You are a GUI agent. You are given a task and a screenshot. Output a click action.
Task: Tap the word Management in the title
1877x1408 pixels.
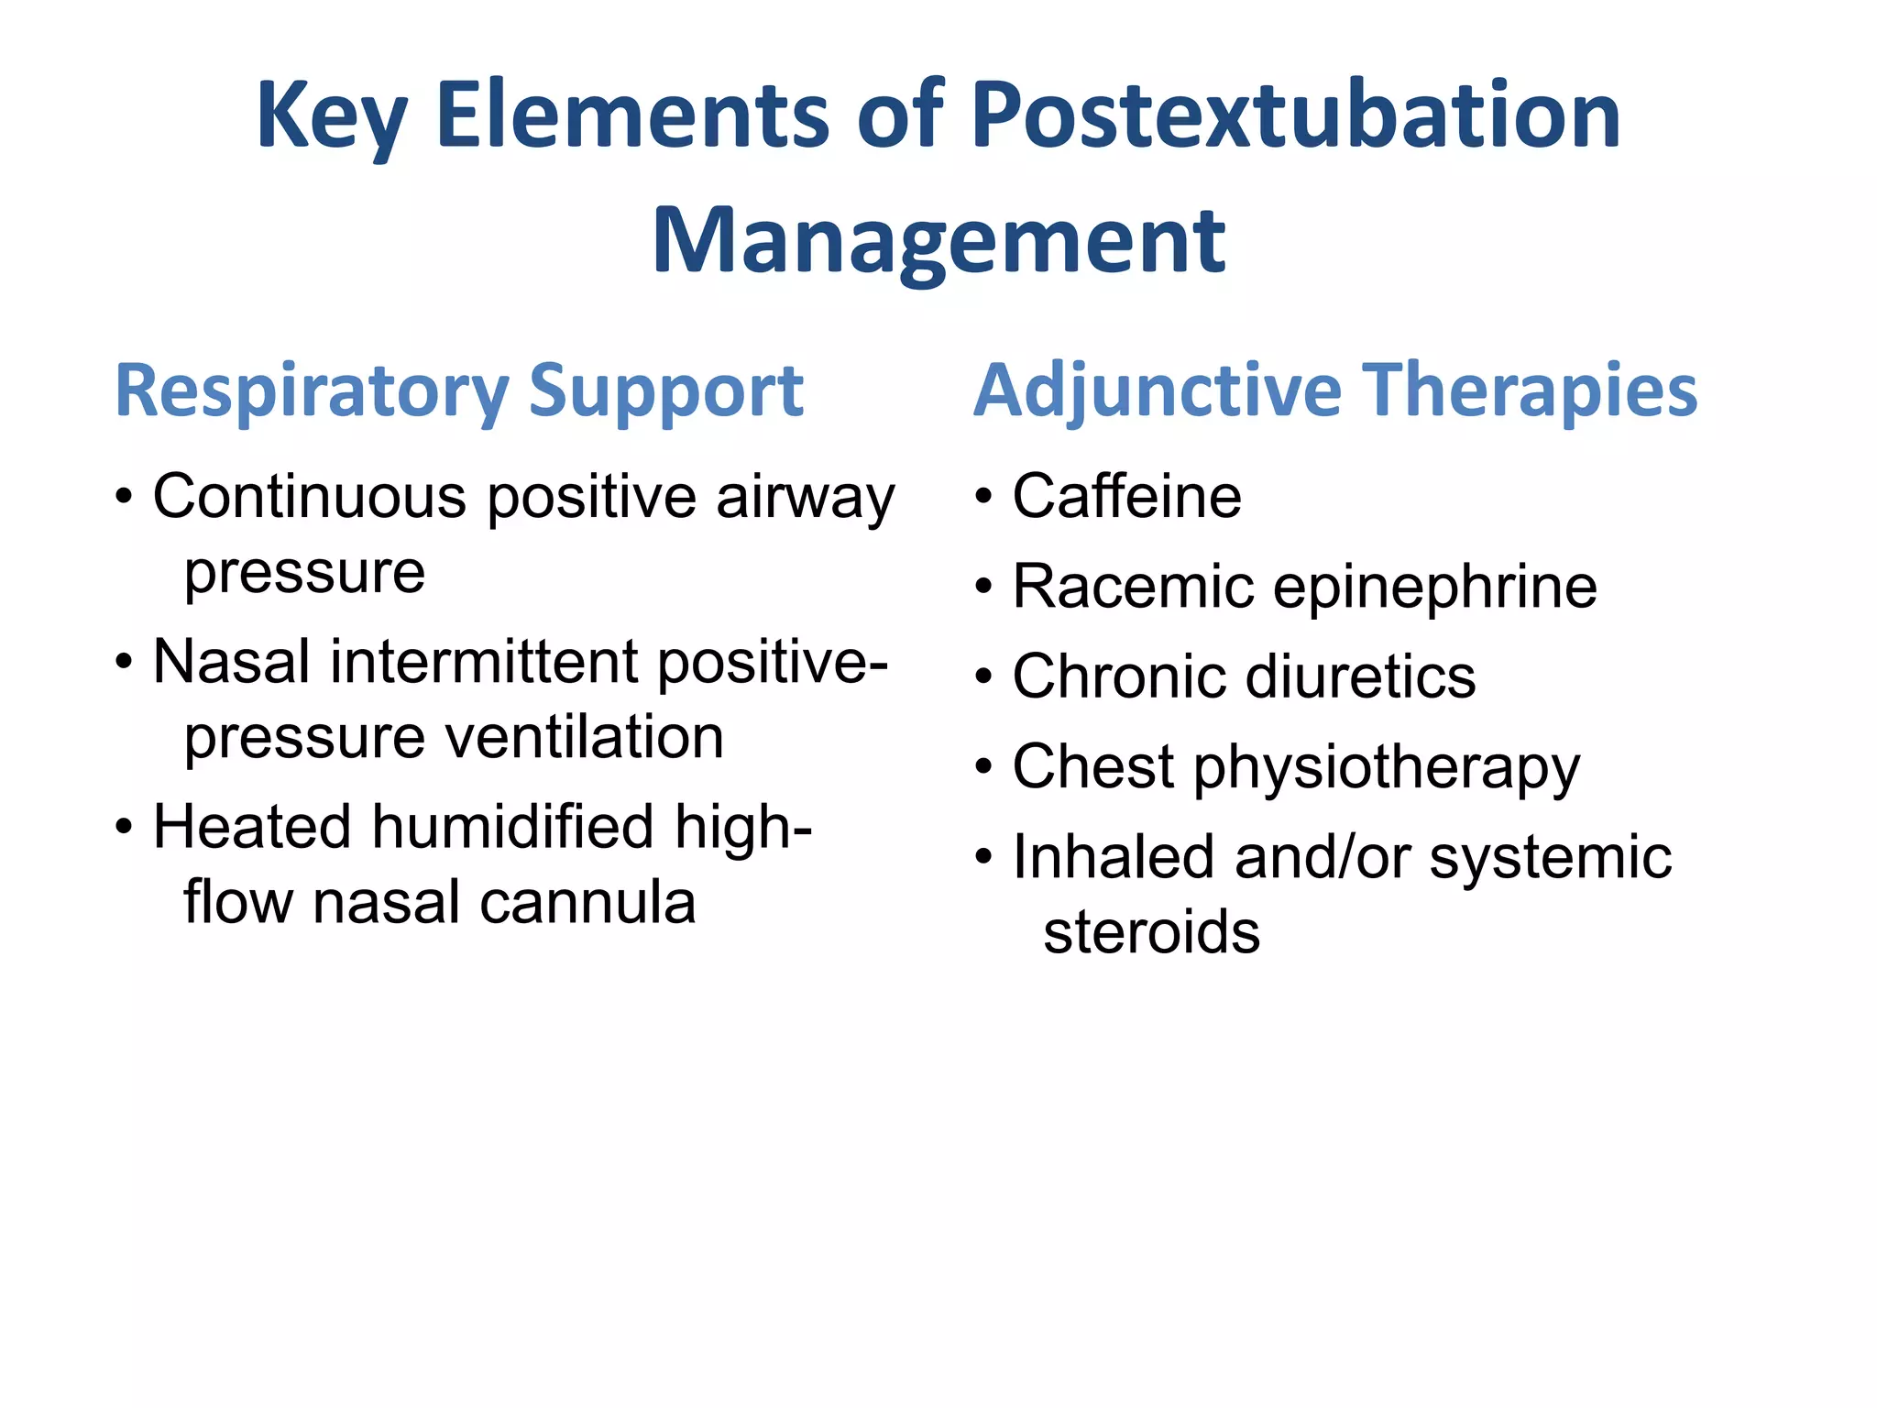pos(938,240)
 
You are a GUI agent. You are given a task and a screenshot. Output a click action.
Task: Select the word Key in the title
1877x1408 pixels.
pos(331,117)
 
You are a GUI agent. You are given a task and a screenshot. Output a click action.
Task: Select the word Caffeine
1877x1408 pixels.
pos(1126,496)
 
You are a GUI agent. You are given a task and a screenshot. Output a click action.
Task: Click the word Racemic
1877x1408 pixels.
pos(1133,587)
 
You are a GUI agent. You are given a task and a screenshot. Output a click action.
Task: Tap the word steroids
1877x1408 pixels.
pos(1151,932)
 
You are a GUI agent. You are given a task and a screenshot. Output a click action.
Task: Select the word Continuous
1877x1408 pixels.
pos(310,496)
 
